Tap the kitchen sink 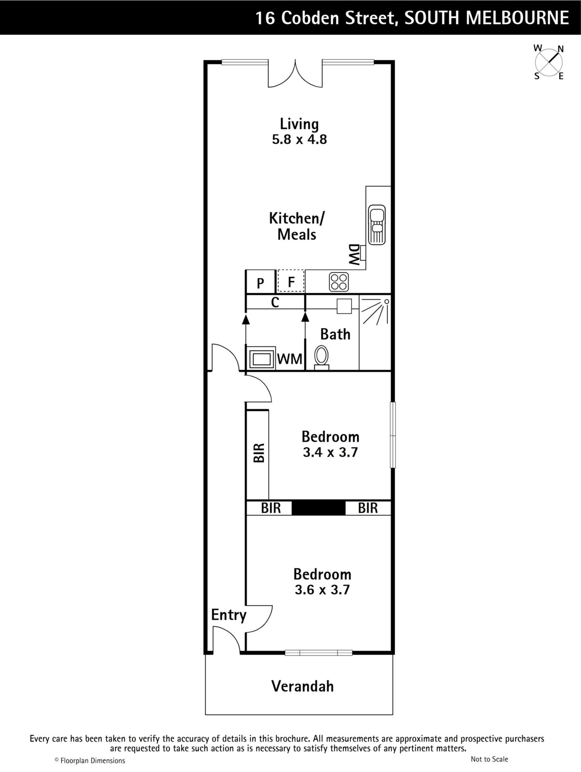[377, 225]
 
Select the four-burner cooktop [339, 282]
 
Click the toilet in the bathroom [321, 358]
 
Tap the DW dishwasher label [353, 254]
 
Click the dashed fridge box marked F [291, 281]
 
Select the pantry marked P [260, 282]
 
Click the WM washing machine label [290, 359]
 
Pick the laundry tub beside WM [261, 358]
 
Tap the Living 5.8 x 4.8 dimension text [299, 139]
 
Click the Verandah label [303, 686]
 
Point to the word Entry [229, 615]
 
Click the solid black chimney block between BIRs [318, 508]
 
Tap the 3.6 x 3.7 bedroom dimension [322, 590]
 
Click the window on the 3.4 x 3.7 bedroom [393, 435]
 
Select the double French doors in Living [295, 73]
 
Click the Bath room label [335, 334]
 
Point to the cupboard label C [275, 302]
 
